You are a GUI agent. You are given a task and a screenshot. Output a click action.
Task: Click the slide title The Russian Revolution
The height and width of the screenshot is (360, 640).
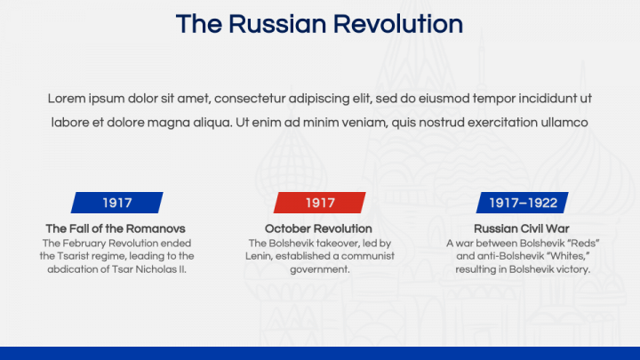[319, 24]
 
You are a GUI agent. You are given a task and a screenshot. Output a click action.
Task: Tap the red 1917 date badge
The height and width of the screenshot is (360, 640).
[320, 203]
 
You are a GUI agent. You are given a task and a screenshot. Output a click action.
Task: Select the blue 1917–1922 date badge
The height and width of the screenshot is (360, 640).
[523, 203]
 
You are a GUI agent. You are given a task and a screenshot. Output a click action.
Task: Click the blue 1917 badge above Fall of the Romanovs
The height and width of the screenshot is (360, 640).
[116, 203]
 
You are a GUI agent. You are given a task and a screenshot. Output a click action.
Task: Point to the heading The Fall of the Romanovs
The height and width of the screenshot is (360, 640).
[116, 228]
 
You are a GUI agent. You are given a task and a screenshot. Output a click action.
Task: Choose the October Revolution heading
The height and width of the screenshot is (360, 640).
[318, 228]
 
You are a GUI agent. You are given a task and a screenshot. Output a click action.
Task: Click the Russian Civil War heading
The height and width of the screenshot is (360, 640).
[522, 228]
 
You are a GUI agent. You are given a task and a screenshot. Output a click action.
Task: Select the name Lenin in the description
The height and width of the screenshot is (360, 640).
[261, 256]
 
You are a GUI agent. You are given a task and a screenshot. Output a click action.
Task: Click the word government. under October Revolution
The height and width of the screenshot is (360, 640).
[319, 269]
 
